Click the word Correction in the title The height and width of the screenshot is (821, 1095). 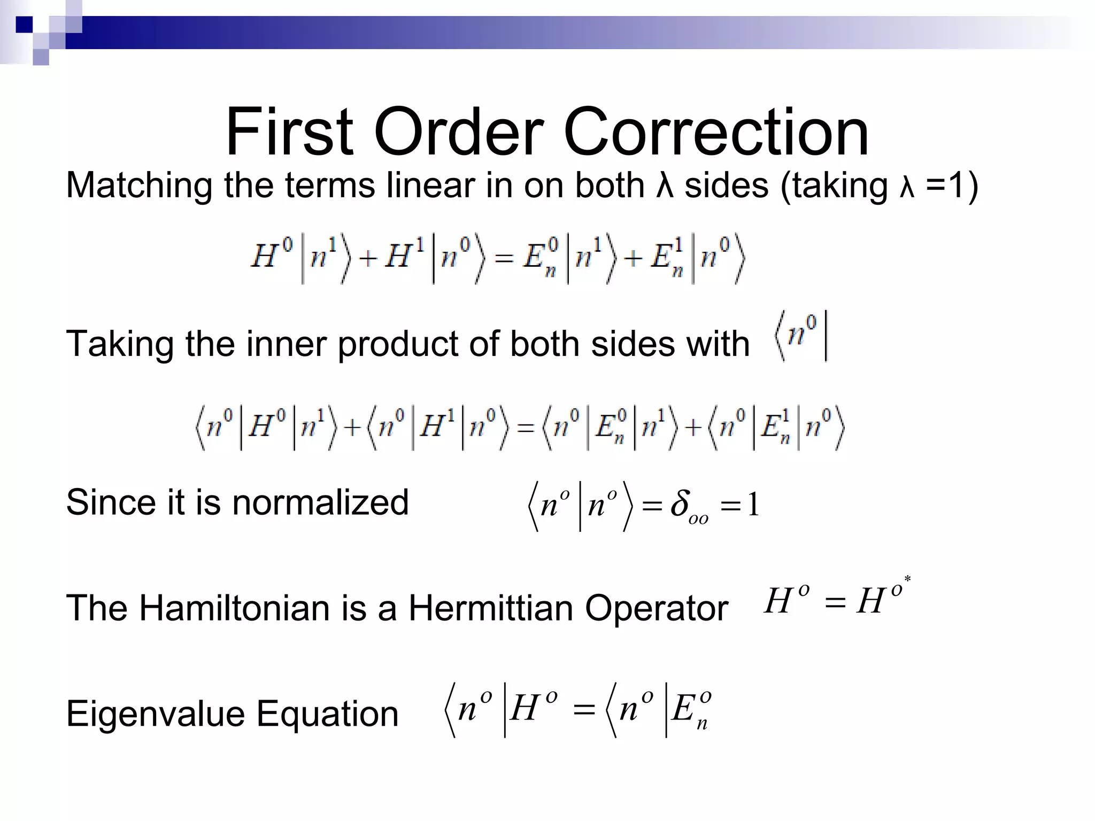(x=716, y=132)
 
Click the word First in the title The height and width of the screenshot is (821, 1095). (x=289, y=132)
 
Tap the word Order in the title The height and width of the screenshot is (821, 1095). (x=459, y=132)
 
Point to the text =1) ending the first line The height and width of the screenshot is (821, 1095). (x=952, y=185)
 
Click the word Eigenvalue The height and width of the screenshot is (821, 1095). (x=155, y=714)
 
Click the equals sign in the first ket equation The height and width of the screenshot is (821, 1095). (x=504, y=260)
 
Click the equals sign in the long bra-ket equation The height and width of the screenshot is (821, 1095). (x=526, y=428)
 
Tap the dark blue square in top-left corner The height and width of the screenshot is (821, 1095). (x=24, y=25)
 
